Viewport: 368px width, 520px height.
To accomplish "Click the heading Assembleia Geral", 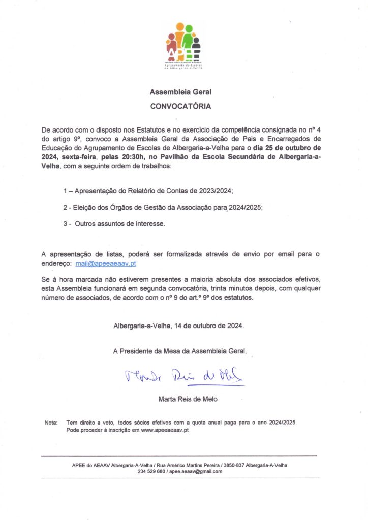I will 180,92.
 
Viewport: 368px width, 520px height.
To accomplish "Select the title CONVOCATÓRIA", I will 180,107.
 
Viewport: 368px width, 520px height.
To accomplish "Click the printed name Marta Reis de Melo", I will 188,399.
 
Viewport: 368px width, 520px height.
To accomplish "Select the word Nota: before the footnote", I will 51,422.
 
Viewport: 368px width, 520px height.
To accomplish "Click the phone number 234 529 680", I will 151,471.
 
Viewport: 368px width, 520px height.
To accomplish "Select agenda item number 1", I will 66,191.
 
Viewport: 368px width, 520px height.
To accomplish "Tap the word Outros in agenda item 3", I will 87,223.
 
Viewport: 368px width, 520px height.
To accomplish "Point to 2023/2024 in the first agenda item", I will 213,191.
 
